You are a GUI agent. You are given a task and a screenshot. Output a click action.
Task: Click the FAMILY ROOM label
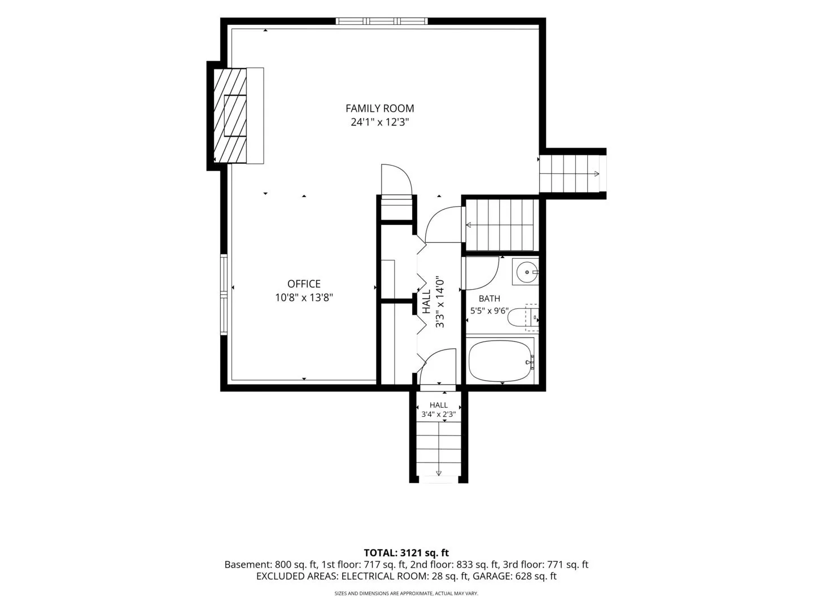tap(379, 108)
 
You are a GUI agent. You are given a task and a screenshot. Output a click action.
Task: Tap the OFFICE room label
tap(304, 284)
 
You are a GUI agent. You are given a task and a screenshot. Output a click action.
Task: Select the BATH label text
tap(489, 299)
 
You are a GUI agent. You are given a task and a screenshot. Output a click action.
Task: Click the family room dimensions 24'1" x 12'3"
tap(379, 122)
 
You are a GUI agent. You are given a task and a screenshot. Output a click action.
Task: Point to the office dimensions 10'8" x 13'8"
tap(304, 298)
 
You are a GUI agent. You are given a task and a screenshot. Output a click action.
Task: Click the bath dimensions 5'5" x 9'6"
tap(489, 311)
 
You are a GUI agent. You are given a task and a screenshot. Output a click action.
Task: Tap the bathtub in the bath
tap(500, 361)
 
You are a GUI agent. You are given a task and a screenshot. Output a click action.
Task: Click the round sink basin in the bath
tap(526, 272)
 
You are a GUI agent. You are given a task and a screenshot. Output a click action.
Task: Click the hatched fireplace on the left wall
tap(230, 115)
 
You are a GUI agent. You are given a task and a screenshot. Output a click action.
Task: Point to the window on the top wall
tap(382, 21)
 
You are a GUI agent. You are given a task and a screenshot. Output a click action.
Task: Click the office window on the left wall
tap(224, 295)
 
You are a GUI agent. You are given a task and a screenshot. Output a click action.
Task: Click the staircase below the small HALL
tap(439, 452)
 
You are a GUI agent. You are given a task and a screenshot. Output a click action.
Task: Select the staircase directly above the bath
tap(502, 225)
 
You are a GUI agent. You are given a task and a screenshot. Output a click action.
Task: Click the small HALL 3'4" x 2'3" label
tap(439, 409)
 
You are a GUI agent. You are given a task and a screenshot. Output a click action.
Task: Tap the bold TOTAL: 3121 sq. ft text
tap(406, 553)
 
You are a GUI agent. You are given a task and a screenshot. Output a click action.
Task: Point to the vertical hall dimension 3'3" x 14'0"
tap(440, 302)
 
